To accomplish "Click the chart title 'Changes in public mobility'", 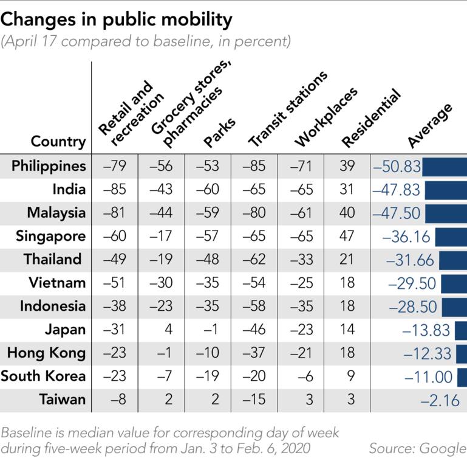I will click(117, 20).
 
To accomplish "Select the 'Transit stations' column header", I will click(288, 109).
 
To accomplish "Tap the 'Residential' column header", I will click(371, 119).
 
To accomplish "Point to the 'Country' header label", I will click(58, 142).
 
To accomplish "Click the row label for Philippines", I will click(49, 165).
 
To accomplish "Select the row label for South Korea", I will click(43, 376).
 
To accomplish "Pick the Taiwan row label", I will click(63, 400).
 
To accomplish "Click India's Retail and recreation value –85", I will click(115, 189).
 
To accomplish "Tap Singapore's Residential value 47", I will click(347, 236).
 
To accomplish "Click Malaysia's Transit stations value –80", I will click(254, 213).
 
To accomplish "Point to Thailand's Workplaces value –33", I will click(301, 259).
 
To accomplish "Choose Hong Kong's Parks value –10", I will click(208, 353).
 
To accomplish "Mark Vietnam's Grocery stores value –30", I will click(161, 283).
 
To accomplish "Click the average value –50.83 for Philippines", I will click(397, 166).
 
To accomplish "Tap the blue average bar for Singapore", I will click(451, 236).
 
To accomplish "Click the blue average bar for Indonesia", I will click(454, 306).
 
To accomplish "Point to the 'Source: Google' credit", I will click(417, 448).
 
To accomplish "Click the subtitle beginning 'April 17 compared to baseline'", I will click(146, 42).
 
